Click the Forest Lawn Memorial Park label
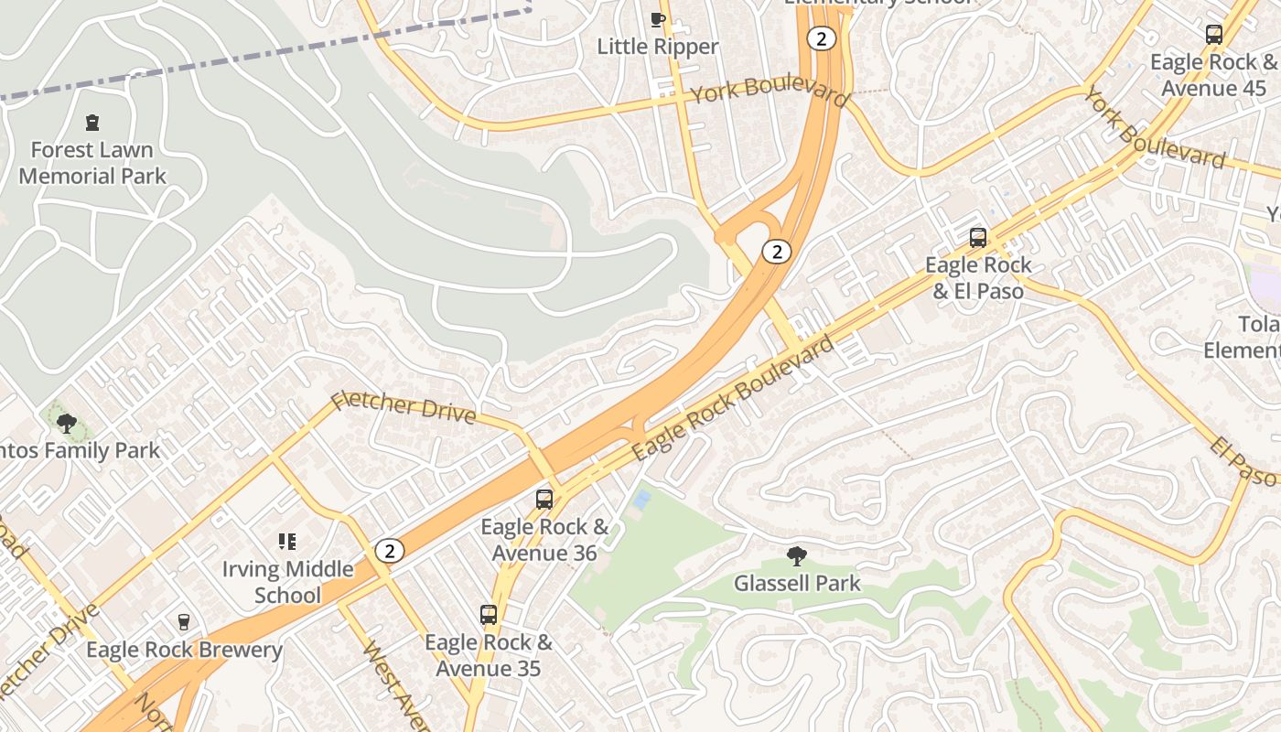[92, 163]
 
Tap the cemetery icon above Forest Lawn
[91, 122]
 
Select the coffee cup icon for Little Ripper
[657, 19]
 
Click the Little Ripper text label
[658, 47]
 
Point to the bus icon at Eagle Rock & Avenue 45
[1213, 35]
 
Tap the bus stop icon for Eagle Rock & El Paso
[977, 238]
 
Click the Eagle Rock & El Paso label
[977, 278]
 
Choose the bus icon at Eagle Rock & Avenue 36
[544, 500]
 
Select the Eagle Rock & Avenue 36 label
[544, 540]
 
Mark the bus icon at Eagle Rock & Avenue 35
[489, 615]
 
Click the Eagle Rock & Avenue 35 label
[489, 655]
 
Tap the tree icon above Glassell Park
[797, 555]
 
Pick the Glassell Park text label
[797, 583]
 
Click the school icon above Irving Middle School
[287, 542]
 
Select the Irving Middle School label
[287, 582]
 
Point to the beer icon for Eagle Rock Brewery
[184, 622]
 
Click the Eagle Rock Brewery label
[184, 650]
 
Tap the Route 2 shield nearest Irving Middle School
[390, 551]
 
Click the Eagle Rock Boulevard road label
[733, 398]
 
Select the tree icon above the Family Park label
[66, 423]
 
